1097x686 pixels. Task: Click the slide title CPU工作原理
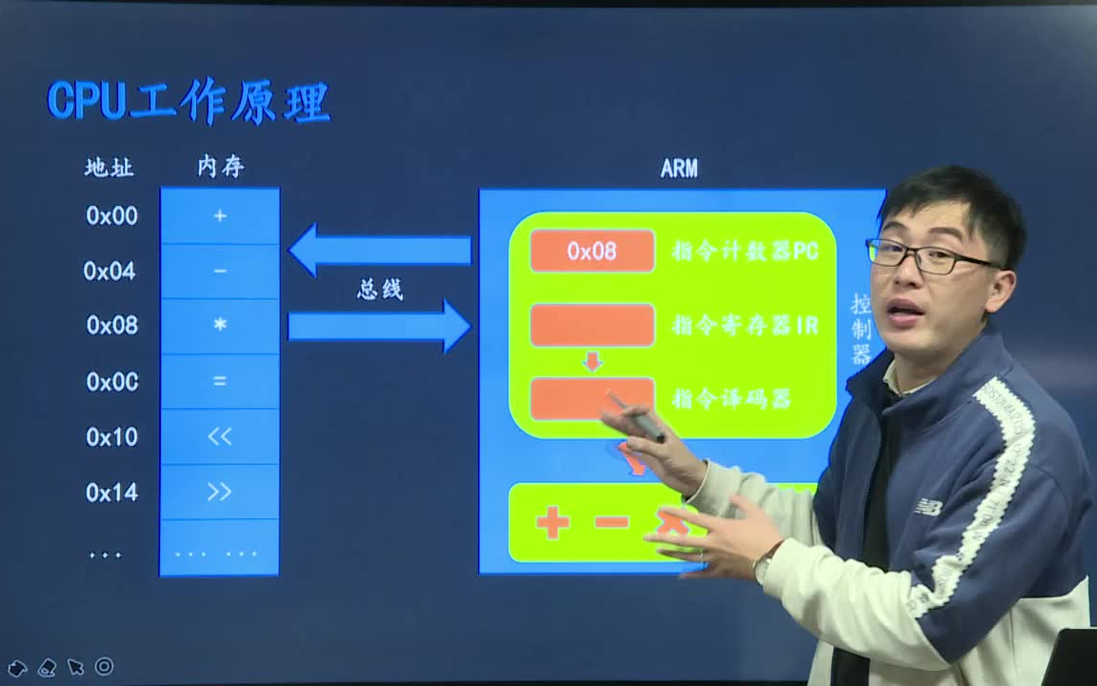point(189,101)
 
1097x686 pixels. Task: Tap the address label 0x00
point(112,216)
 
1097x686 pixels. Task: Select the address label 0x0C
point(112,381)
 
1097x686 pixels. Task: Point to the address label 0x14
point(112,492)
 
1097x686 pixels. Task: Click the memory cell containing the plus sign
point(220,216)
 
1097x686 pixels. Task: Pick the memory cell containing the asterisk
point(220,326)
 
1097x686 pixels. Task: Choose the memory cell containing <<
point(220,436)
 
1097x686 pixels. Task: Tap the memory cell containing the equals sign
point(220,381)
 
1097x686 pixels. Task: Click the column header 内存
point(221,168)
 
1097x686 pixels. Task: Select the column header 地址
point(110,169)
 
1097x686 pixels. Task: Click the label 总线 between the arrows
point(380,290)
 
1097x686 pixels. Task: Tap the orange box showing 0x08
point(592,251)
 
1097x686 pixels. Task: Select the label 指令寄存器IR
point(745,326)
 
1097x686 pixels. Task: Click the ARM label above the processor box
point(679,169)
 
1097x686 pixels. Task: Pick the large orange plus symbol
point(552,522)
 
